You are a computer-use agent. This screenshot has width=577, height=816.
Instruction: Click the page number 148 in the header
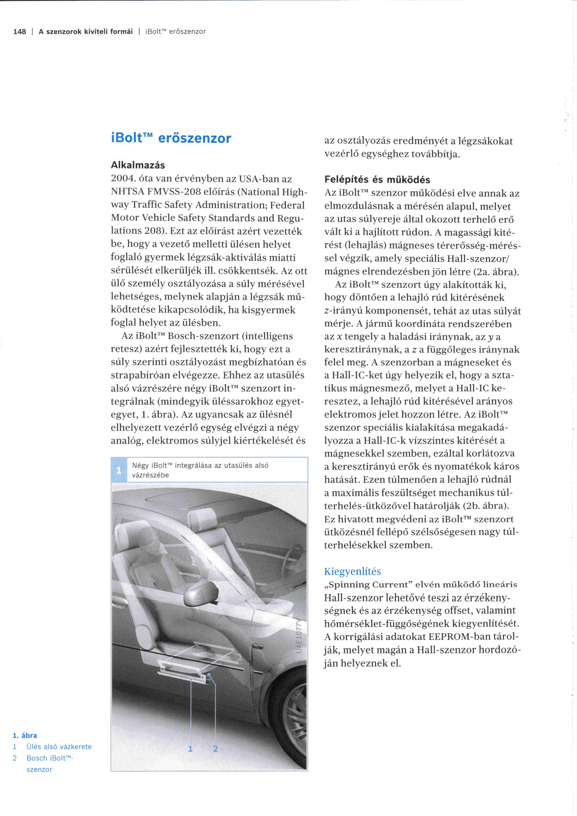click(x=20, y=32)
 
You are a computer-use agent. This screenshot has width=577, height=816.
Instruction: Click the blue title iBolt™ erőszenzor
click(x=171, y=138)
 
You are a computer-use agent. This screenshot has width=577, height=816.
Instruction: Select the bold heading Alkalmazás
click(x=138, y=165)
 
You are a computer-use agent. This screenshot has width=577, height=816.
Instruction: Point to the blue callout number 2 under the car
click(x=215, y=749)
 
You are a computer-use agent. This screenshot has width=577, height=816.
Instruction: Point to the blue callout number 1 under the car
click(x=191, y=749)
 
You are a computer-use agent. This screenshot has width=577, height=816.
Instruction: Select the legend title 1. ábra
click(x=25, y=735)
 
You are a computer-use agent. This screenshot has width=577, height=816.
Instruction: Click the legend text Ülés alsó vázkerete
click(x=59, y=747)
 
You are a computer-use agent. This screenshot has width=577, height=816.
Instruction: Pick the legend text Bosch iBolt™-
click(x=50, y=758)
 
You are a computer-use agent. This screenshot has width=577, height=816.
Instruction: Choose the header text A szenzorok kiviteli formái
click(x=86, y=32)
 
